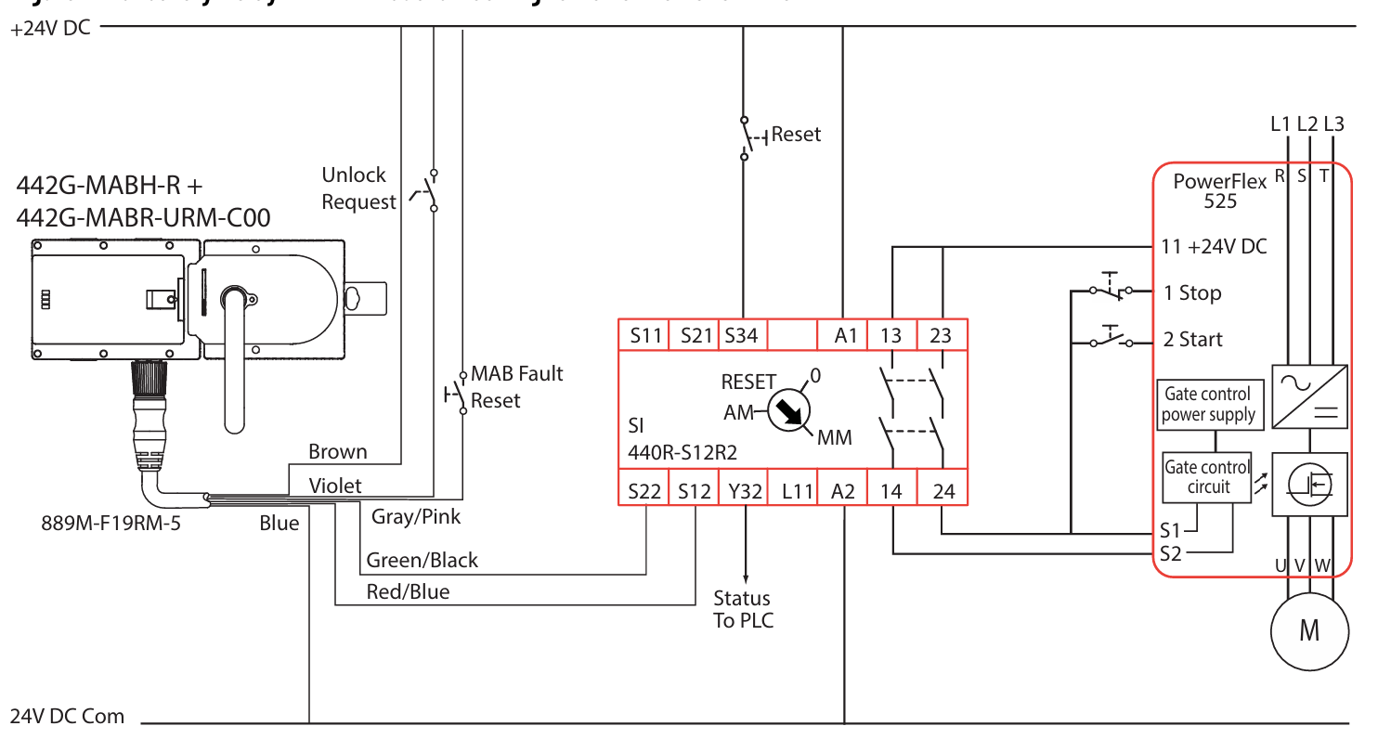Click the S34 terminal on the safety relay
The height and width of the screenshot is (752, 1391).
(x=741, y=335)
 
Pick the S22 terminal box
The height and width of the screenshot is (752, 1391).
(x=643, y=491)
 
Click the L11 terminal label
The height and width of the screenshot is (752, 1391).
(x=797, y=491)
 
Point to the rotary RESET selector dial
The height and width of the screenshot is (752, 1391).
(x=787, y=408)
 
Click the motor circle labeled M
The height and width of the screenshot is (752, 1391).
(x=1309, y=630)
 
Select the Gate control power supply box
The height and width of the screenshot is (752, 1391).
(x=1208, y=405)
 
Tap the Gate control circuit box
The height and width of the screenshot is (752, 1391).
(x=1207, y=477)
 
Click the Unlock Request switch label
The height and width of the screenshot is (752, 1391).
(x=358, y=188)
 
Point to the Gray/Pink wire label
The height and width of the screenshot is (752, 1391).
(x=416, y=516)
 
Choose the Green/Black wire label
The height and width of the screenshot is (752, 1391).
(x=422, y=560)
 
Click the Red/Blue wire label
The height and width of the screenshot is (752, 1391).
(x=408, y=591)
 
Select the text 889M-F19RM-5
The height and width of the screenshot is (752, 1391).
(x=111, y=523)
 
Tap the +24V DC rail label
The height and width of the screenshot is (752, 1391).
(x=50, y=29)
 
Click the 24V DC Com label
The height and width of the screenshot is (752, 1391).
(x=67, y=717)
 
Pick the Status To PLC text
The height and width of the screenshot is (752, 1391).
(x=743, y=609)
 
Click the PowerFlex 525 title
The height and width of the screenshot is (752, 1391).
(x=1219, y=189)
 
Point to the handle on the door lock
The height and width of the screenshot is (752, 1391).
(x=234, y=353)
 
